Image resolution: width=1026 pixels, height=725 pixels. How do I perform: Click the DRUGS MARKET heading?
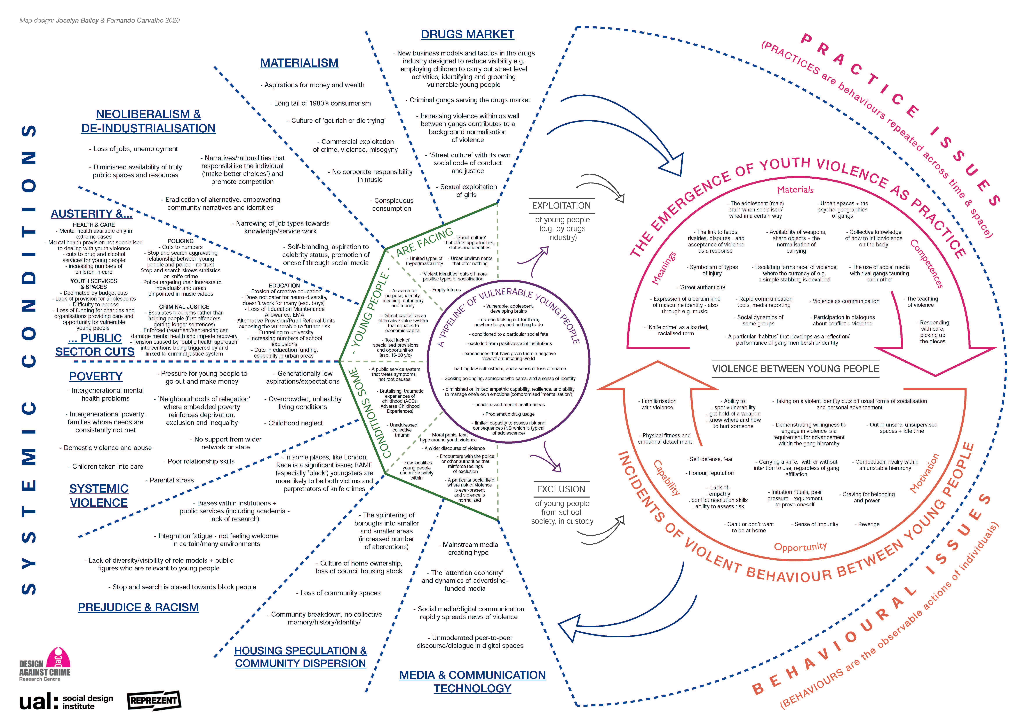(467, 34)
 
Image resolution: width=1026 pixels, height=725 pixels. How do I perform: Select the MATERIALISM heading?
(299, 63)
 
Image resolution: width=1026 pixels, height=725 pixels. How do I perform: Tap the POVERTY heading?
(96, 376)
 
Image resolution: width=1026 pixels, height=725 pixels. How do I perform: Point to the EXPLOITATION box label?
(561, 206)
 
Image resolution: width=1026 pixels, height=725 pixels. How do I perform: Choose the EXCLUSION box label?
(561, 489)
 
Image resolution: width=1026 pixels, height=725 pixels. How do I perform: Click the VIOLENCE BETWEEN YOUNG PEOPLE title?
(795, 369)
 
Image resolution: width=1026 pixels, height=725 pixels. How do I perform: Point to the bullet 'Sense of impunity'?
(816, 524)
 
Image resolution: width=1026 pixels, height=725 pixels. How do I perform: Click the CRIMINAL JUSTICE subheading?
(184, 307)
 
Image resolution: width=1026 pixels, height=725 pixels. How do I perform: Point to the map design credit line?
(100, 21)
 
